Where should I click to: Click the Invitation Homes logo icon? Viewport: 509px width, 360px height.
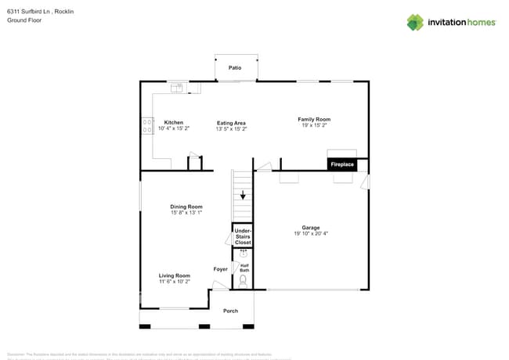click(414, 22)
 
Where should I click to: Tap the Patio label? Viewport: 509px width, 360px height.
click(235, 68)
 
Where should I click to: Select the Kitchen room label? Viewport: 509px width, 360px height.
click(173, 122)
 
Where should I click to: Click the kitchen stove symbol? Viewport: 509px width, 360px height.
click(147, 127)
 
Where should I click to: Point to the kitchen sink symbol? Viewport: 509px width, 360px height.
click(177, 87)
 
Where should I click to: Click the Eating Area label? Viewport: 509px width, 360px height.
click(231, 123)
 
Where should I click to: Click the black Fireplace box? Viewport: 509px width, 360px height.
click(342, 165)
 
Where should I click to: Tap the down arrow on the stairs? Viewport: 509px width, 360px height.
click(243, 195)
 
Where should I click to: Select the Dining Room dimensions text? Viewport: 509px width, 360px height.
click(186, 213)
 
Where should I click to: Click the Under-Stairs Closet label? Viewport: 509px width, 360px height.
click(243, 236)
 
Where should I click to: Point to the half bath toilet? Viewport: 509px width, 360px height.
click(243, 280)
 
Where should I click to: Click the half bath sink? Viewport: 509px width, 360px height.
click(243, 254)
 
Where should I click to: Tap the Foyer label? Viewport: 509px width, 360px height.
click(221, 269)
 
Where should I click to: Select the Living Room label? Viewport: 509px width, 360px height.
click(175, 275)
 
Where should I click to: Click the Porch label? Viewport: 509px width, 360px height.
click(230, 311)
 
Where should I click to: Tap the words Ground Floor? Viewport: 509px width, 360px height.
click(24, 20)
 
